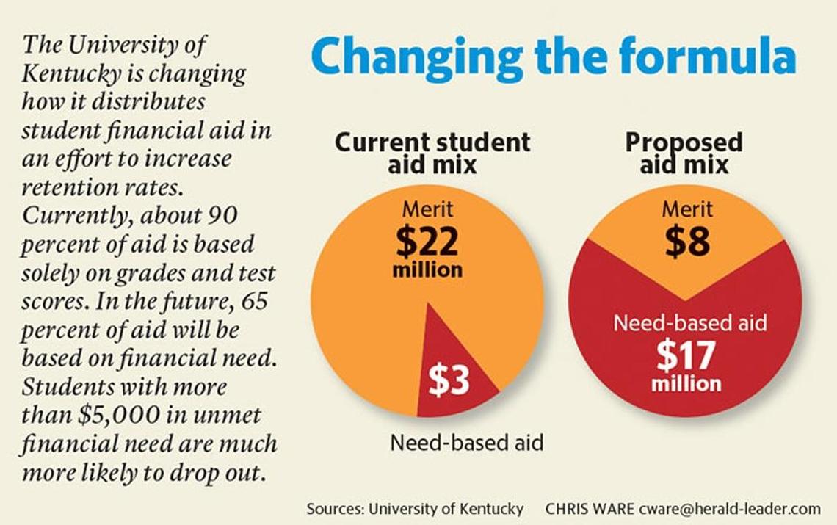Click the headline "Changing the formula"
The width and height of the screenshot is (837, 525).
coord(554,58)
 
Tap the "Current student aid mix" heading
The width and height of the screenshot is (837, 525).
coord(432,152)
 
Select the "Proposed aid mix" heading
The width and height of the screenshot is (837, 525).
coord(684,152)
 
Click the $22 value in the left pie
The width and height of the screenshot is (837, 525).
coord(427,242)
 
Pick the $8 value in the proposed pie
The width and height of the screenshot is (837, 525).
coord(687,242)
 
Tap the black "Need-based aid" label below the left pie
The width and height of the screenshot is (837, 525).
coord(467,443)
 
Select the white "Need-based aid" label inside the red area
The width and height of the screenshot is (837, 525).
coord(689,322)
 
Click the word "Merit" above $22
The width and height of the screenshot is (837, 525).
coord(427,209)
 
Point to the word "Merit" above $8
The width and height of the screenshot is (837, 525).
coord(687,209)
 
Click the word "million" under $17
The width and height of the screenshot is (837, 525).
coord(686,383)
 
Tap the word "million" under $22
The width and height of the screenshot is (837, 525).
coord(427,270)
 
